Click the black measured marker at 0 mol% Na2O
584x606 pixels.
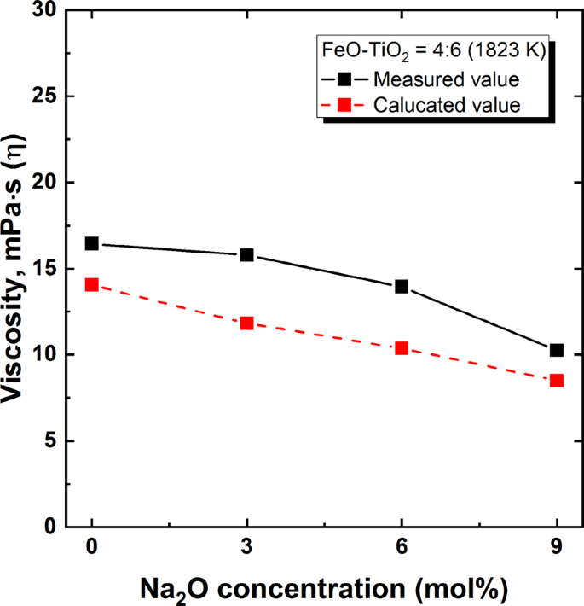92,243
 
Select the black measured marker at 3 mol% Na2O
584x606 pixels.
247,255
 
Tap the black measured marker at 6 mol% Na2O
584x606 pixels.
402,287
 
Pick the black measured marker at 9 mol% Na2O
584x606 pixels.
557,350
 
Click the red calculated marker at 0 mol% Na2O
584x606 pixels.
92,284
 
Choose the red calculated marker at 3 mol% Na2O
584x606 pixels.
247,323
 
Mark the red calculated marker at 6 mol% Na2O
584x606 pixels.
402,347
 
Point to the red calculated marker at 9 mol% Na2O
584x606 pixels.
557,380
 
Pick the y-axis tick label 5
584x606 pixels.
53,441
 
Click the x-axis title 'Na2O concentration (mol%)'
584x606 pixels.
324,589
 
